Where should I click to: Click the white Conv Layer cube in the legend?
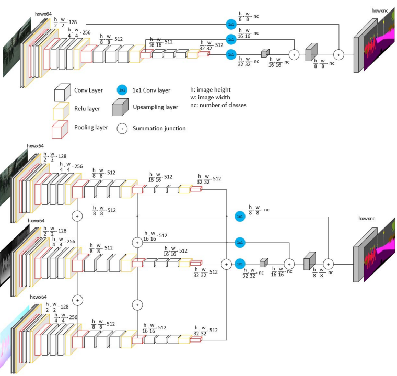62,93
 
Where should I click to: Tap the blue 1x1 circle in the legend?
122,90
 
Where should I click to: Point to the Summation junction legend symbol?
122,127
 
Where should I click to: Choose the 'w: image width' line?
211,97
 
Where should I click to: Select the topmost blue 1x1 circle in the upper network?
230,24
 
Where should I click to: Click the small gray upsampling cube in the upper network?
265,53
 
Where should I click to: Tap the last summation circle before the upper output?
338,53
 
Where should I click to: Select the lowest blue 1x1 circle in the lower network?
240,264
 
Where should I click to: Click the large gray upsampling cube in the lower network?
309,260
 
